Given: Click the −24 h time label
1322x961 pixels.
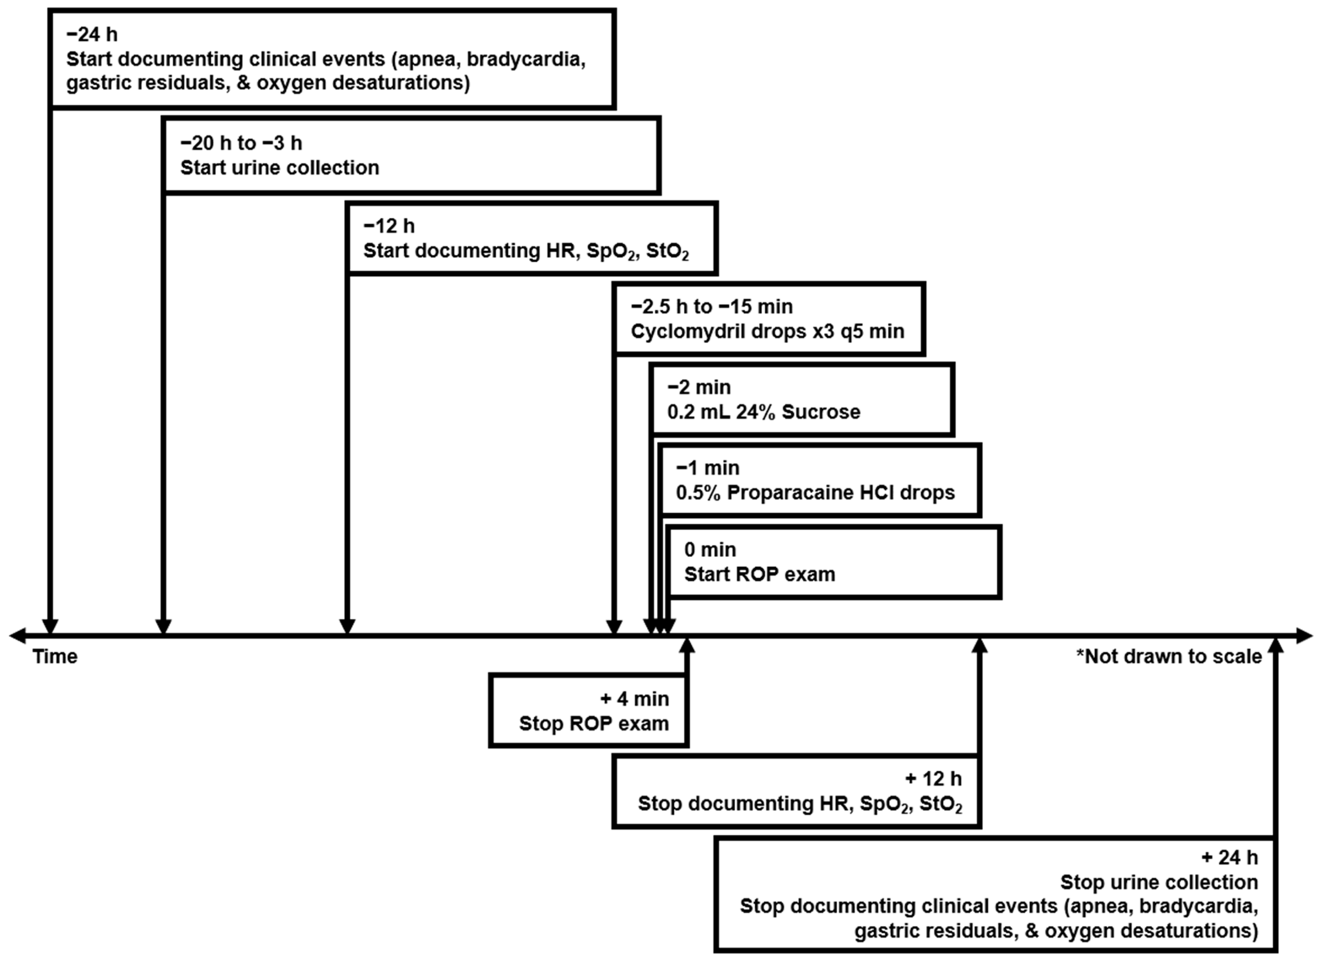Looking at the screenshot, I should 92,35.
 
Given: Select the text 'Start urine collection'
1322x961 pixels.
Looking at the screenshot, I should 279,168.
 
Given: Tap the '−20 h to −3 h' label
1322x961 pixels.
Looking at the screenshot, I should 241,143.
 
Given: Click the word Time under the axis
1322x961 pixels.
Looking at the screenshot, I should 55,657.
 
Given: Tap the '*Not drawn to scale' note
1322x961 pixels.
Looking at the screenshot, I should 1169,657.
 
